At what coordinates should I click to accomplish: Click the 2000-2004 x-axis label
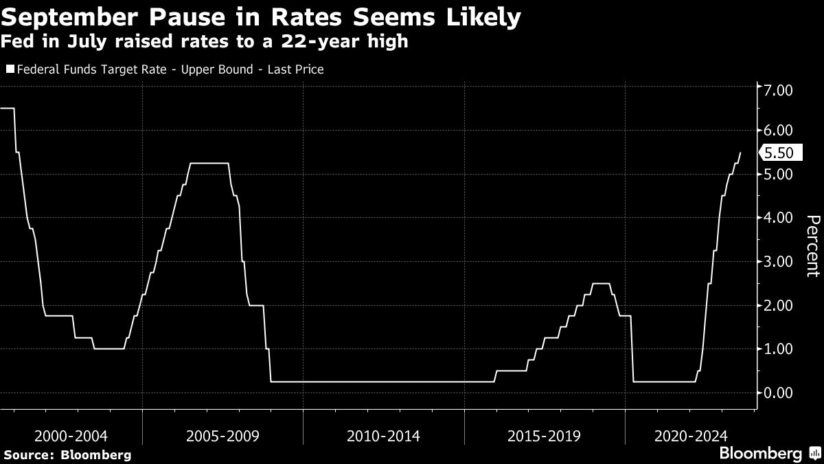coord(71,436)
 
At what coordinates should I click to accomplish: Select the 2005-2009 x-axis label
coord(224,436)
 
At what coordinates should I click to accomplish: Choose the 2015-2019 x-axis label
coord(545,436)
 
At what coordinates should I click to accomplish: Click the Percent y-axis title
coord(812,245)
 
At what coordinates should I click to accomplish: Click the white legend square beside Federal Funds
coord(10,69)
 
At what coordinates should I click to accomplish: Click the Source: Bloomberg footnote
coord(67,454)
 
